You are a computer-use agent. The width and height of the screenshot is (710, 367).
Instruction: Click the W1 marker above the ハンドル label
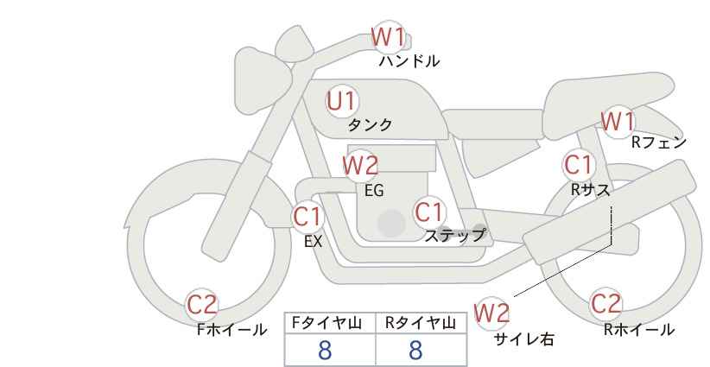(x=388, y=37)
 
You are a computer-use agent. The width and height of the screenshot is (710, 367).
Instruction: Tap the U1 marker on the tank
(x=342, y=101)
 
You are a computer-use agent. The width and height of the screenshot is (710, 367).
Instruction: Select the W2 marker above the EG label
(x=360, y=166)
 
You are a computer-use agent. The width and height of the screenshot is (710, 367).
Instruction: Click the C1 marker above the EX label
(x=307, y=216)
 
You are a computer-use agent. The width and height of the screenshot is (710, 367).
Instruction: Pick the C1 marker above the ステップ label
(x=429, y=212)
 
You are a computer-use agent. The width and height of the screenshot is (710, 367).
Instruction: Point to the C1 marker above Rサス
(x=578, y=164)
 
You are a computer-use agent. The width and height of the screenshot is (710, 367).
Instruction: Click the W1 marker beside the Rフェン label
(x=618, y=122)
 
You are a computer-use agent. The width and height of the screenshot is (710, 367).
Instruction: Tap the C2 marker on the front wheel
(x=202, y=305)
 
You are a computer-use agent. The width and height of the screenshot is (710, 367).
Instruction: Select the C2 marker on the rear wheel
(x=605, y=304)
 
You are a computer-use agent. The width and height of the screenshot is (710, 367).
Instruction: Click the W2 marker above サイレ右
(x=491, y=313)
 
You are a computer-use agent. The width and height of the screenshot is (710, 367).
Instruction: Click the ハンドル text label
(x=409, y=61)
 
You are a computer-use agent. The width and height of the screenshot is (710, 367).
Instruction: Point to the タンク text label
(x=370, y=125)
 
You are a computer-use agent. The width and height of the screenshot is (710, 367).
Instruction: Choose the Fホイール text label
(x=231, y=330)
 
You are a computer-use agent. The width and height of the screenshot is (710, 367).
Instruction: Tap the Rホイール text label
(x=639, y=330)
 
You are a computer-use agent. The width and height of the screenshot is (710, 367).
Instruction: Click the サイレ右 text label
(x=524, y=339)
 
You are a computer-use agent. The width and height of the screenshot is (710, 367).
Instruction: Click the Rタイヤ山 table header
(x=421, y=323)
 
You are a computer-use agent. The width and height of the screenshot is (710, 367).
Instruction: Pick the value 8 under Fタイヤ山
(x=325, y=351)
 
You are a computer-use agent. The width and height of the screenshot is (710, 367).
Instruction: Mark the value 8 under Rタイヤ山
(x=415, y=351)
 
